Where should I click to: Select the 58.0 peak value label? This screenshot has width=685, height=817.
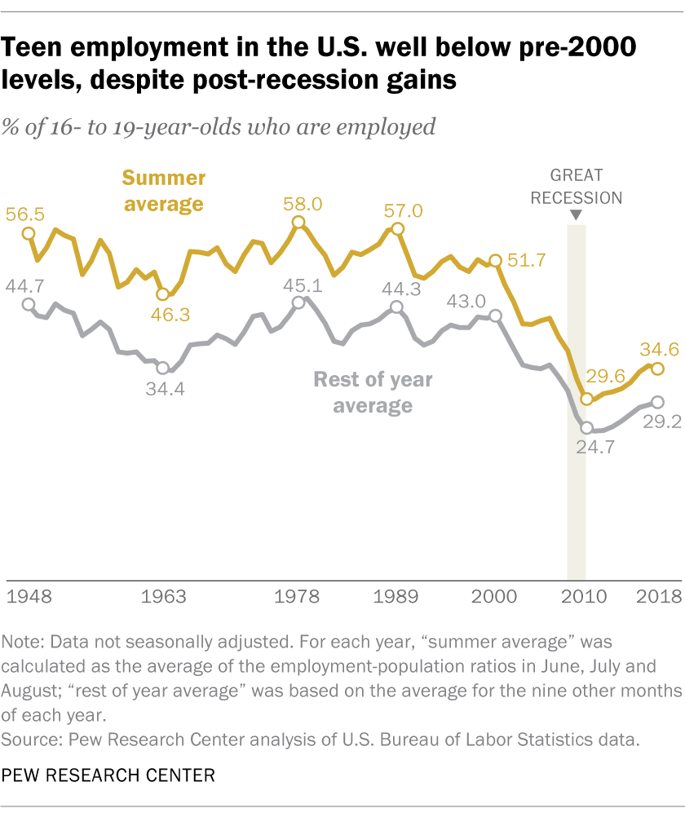(298, 202)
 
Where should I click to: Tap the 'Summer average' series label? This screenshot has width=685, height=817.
(163, 190)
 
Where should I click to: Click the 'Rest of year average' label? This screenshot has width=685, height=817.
(373, 392)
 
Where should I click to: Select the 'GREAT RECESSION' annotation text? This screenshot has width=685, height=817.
(576, 187)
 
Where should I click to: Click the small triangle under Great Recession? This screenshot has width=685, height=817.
(576, 214)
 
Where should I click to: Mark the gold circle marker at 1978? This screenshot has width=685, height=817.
(298, 223)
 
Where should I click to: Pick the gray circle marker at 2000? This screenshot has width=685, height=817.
(495, 316)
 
